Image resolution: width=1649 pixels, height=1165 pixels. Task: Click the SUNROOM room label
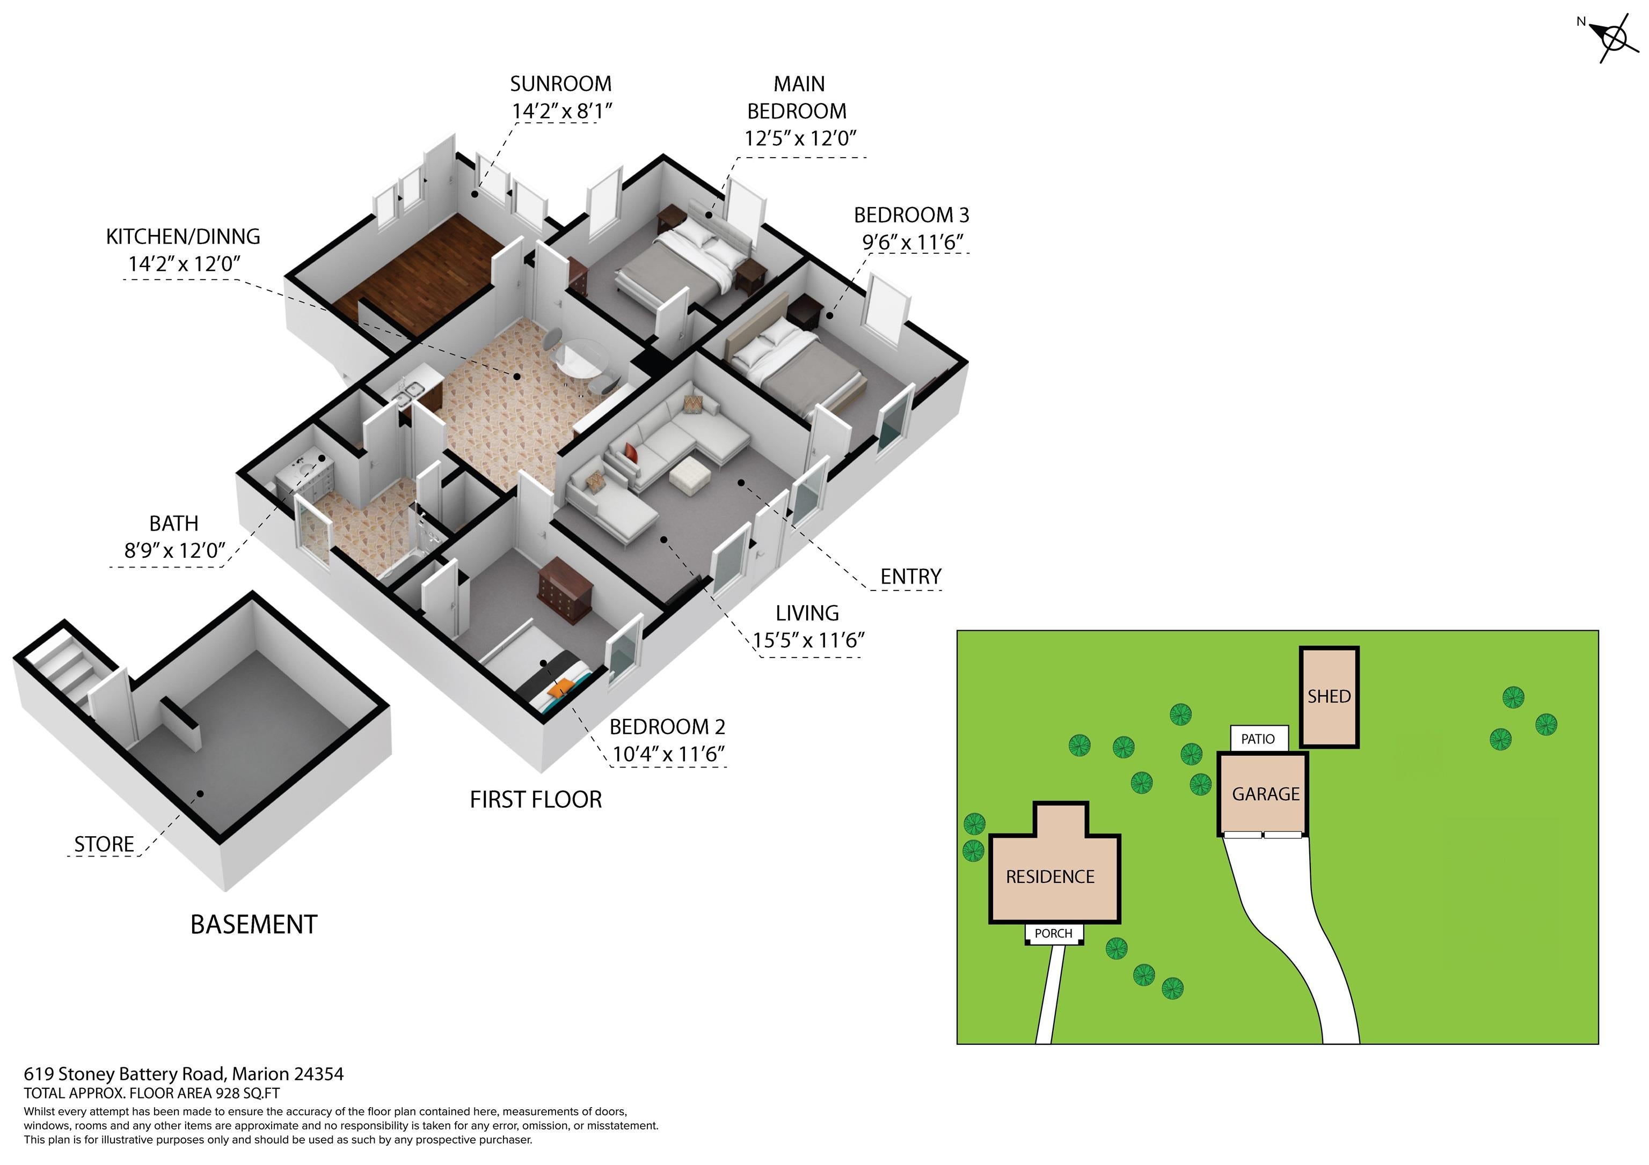point(561,84)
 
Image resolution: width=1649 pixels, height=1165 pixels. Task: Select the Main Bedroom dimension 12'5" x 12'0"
point(800,138)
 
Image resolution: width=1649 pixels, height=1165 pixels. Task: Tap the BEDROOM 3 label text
point(911,215)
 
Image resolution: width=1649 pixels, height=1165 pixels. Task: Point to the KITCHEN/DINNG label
point(183,237)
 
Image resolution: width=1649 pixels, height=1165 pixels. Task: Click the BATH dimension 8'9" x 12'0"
point(174,550)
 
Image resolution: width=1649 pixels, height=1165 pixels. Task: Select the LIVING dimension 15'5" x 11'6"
point(808,640)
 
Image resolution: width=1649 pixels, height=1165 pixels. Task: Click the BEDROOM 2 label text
point(667,727)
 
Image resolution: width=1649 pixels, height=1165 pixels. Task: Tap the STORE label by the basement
point(104,844)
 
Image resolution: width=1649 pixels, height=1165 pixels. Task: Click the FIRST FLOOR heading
point(536,800)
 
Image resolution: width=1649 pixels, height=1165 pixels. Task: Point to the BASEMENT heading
point(253,925)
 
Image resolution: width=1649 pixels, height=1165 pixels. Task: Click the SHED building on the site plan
point(1329,697)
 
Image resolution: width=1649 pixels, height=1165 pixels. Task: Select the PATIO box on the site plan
point(1258,739)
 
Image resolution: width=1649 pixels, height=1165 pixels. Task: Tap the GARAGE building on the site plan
point(1263,794)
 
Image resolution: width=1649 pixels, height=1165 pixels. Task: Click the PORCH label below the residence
point(1054,933)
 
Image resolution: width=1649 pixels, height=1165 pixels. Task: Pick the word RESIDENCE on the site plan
point(1050,877)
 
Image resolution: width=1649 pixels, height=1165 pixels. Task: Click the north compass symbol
point(1614,38)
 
